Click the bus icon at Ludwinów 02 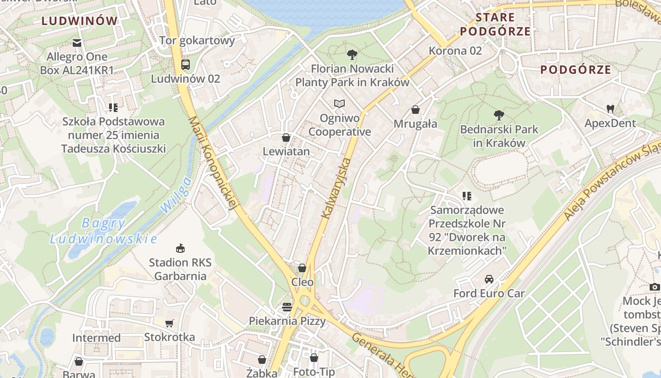coord(186,65)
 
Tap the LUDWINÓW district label coord(79,21)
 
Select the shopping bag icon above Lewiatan coord(286,137)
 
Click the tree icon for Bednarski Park coord(499,115)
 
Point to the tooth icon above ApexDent coord(610,109)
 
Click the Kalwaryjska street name coord(336,188)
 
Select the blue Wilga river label coord(176,195)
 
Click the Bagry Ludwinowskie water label coord(103,231)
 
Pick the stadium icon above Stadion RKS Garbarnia coord(180,248)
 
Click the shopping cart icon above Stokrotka coord(169,324)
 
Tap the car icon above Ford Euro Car coord(489,279)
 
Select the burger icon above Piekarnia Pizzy coord(287,307)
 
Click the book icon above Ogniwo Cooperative coord(339,103)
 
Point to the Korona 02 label coord(455,51)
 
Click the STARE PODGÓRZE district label coord(495,25)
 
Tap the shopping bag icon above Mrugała coord(415,110)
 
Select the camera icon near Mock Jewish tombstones coord(654,287)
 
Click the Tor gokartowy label coord(197,40)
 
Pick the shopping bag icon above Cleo coord(302,268)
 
